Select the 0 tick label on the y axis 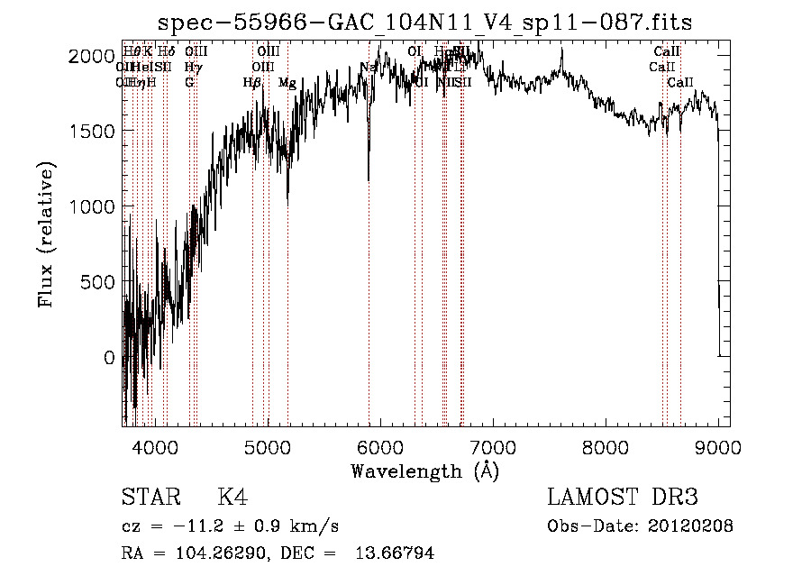[108, 358]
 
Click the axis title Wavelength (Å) [424, 471]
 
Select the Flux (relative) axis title [47, 234]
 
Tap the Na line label [368, 67]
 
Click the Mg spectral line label [287, 82]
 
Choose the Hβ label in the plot [251, 82]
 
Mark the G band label [189, 82]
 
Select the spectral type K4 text [232, 498]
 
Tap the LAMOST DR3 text [622, 498]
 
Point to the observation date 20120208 [691, 526]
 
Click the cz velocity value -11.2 [182, 526]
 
